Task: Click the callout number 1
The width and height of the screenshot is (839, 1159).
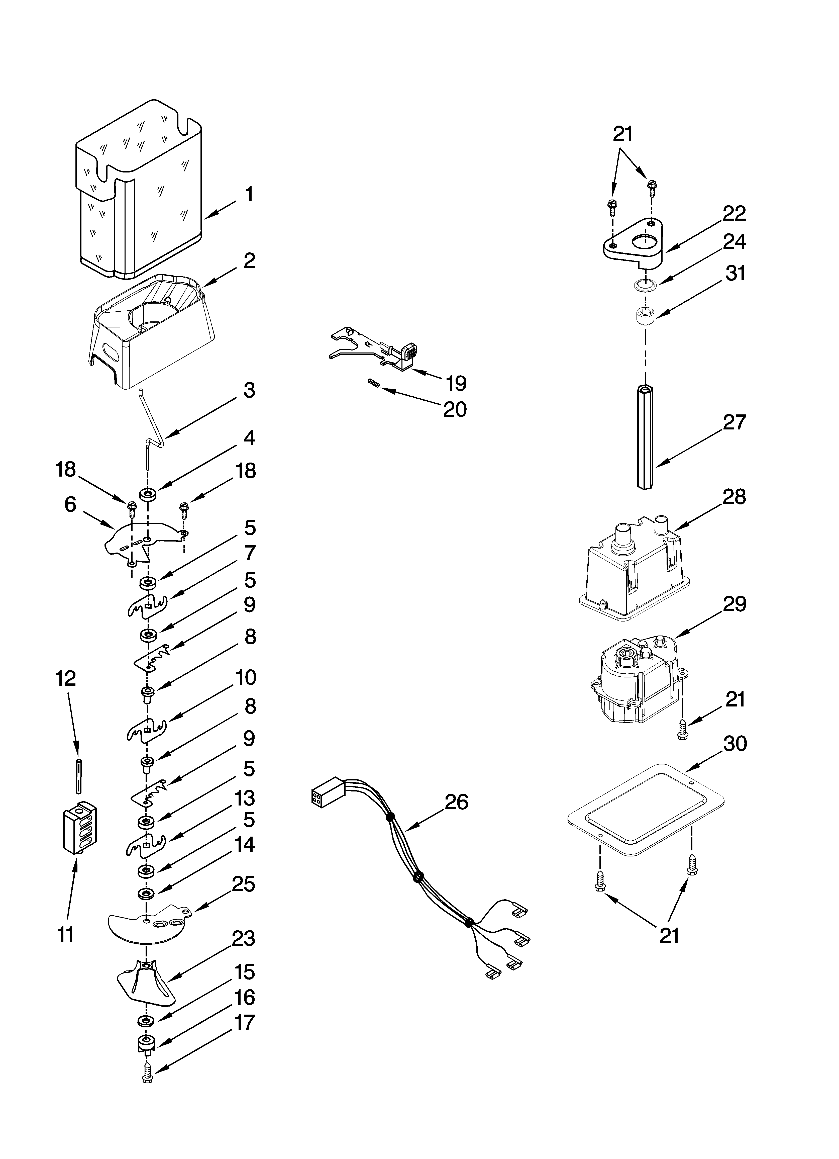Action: pos(249,195)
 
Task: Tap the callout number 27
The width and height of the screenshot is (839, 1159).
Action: pos(734,422)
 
